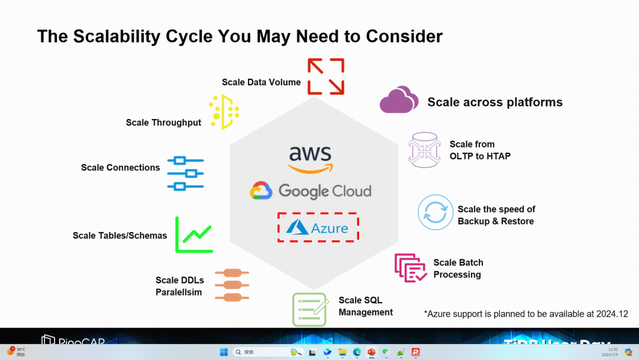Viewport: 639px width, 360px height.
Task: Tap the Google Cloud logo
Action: [x=311, y=191]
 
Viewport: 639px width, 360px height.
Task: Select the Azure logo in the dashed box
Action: [x=318, y=227]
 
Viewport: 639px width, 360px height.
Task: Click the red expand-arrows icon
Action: [x=326, y=76]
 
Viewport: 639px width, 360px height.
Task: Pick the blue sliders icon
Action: [x=185, y=173]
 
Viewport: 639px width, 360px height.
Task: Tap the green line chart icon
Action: [x=194, y=235]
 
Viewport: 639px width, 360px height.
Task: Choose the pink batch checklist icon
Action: [x=411, y=268]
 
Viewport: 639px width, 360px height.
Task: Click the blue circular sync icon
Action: [x=435, y=213]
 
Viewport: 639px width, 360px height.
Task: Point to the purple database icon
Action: [x=425, y=150]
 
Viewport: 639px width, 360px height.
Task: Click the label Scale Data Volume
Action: [x=261, y=82]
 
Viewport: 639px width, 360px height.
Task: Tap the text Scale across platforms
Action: [x=495, y=102]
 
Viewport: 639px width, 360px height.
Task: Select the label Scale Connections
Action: [x=120, y=168]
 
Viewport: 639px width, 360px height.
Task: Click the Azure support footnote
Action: [x=525, y=314]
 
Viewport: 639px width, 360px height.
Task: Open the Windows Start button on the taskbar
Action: [x=224, y=352]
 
